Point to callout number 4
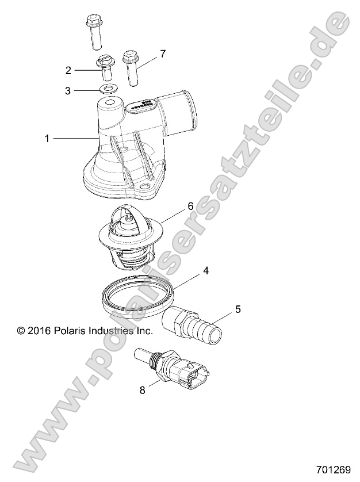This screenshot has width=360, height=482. tap(205, 270)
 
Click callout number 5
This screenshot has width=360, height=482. tap(237, 309)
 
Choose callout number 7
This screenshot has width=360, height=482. tap(163, 54)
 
